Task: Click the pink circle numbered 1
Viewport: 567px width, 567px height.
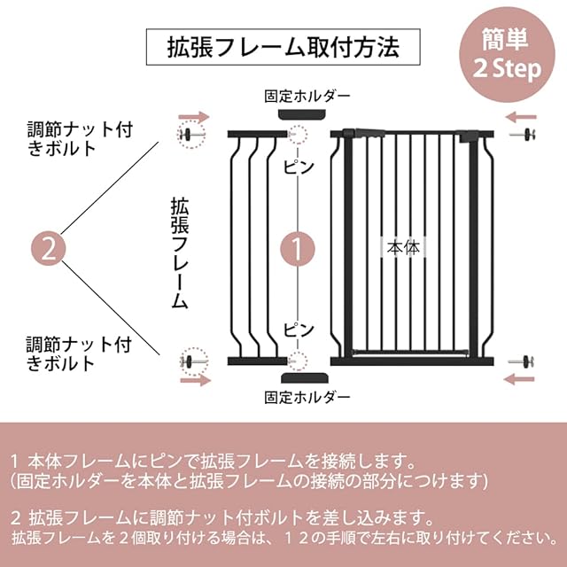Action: pos(298,249)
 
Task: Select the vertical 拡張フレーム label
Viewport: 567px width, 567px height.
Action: pos(179,253)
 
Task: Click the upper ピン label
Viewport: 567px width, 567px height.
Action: pos(298,165)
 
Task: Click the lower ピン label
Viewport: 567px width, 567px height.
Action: pos(298,329)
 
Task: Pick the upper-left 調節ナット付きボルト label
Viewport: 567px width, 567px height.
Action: pos(78,137)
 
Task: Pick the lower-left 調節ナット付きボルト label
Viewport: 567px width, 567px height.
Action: pos(78,353)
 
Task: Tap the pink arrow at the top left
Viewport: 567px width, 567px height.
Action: pos(194,117)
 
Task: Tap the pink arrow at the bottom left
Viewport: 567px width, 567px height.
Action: pos(194,379)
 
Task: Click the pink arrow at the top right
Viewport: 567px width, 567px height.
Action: pos(524,117)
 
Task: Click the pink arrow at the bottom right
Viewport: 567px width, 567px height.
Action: pos(524,379)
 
